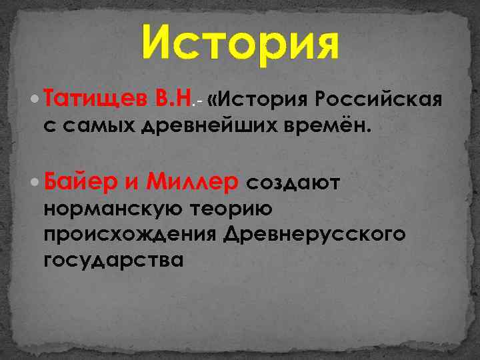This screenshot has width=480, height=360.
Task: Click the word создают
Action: click(293, 182)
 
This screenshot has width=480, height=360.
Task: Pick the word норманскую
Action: click(113, 209)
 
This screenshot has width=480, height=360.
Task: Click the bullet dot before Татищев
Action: click(35, 100)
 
